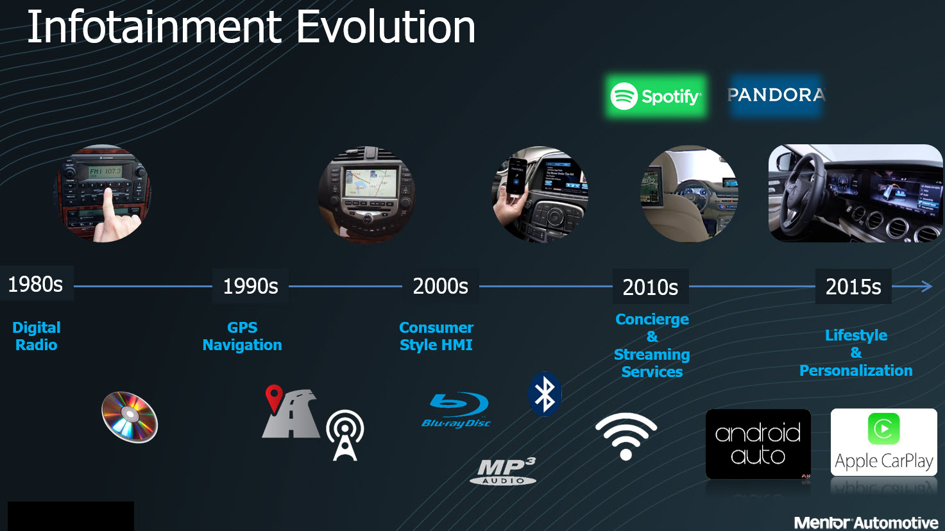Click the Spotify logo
pos(655,96)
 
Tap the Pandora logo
pos(776,95)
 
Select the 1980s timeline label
pos(36,283)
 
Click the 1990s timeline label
pos(250,286)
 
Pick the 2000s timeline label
pos(440,286)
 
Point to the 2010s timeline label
pos(650,287)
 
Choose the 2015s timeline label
pos(853,287)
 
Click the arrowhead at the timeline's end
pos(926,287)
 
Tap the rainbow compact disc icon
pos(130,416)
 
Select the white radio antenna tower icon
pos(345,435)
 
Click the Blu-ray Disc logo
pos(457,410)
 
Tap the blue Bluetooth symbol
pos(545,394)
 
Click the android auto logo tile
pos(758,444)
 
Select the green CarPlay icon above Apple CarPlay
pos(883,428)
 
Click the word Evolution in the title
pos(385,28)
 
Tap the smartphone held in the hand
pos(516,176)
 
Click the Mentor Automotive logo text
pos(865,523)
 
